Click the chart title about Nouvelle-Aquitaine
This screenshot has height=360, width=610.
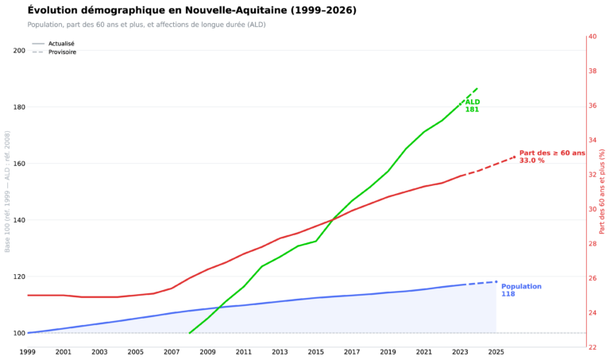(x=191, y=10)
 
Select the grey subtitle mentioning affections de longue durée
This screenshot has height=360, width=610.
(x=146, y=25)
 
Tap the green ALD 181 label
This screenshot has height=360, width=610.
(x=473, y=106)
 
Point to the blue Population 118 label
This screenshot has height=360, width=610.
(x=521, y=290)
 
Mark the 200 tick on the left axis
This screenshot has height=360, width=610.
(x=19, y=51)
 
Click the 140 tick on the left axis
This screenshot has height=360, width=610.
(x=19, y=220)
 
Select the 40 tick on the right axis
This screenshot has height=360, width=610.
(x=593, y=37)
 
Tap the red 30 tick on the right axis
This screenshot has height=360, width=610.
(x=593, y=209)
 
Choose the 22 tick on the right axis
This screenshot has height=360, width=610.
(x=593, y=347)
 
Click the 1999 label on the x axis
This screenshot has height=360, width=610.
(x=27, y=352)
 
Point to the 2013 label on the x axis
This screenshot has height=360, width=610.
(x=280, y=352)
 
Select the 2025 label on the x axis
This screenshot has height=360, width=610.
(x=496, y=352)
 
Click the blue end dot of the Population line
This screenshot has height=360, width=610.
(x=496, y=282)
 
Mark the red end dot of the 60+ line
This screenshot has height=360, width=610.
(x=515, y=157)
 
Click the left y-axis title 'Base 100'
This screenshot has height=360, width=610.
(x=7, y=192)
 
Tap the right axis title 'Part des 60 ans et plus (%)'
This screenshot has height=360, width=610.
(x=602, y=192)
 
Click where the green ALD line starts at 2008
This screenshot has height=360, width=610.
(x=190, y=333)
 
